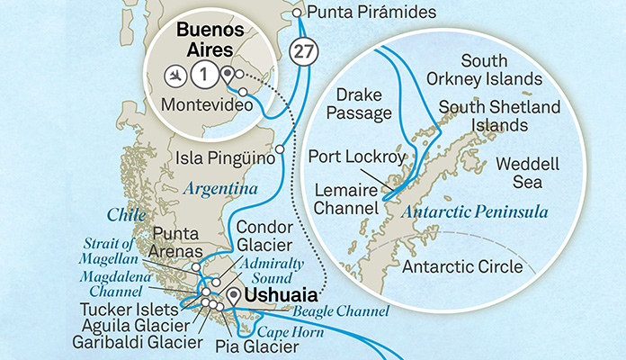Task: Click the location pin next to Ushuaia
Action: pyautogui.click(x=237, y=295)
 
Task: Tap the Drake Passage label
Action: pyautogui.click(x=363, y=103)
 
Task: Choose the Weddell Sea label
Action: pyautogui.click(x=515, y=173)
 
